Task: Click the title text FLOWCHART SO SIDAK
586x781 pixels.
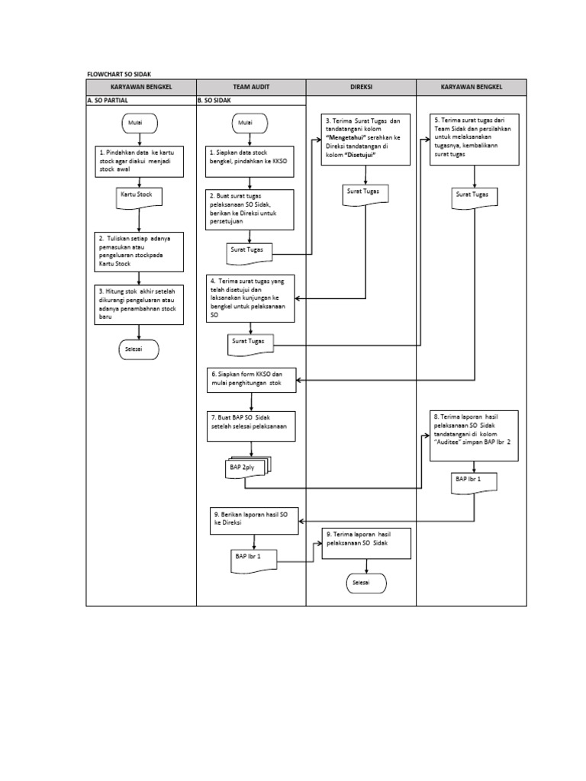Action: point(120,74)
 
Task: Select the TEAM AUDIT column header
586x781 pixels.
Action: point(251,87)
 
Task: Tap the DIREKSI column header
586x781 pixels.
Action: point(361,87)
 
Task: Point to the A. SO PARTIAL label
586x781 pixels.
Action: point(111,100)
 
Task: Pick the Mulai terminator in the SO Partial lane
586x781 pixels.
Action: point(138,122)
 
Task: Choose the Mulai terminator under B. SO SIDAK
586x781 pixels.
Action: point(246,122)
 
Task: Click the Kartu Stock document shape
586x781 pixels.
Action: point(137,196)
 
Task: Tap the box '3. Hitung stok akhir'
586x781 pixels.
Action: point(139,303)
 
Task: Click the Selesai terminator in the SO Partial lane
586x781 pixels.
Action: point(138,349)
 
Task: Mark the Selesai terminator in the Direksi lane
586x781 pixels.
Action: point(366,583)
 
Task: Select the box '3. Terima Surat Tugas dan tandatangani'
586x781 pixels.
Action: point(366,139)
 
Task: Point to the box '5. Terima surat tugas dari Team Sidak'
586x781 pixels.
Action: point(475,139)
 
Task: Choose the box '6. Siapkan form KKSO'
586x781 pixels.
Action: point(251,380)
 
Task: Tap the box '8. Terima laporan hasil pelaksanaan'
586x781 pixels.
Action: point(475,435)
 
